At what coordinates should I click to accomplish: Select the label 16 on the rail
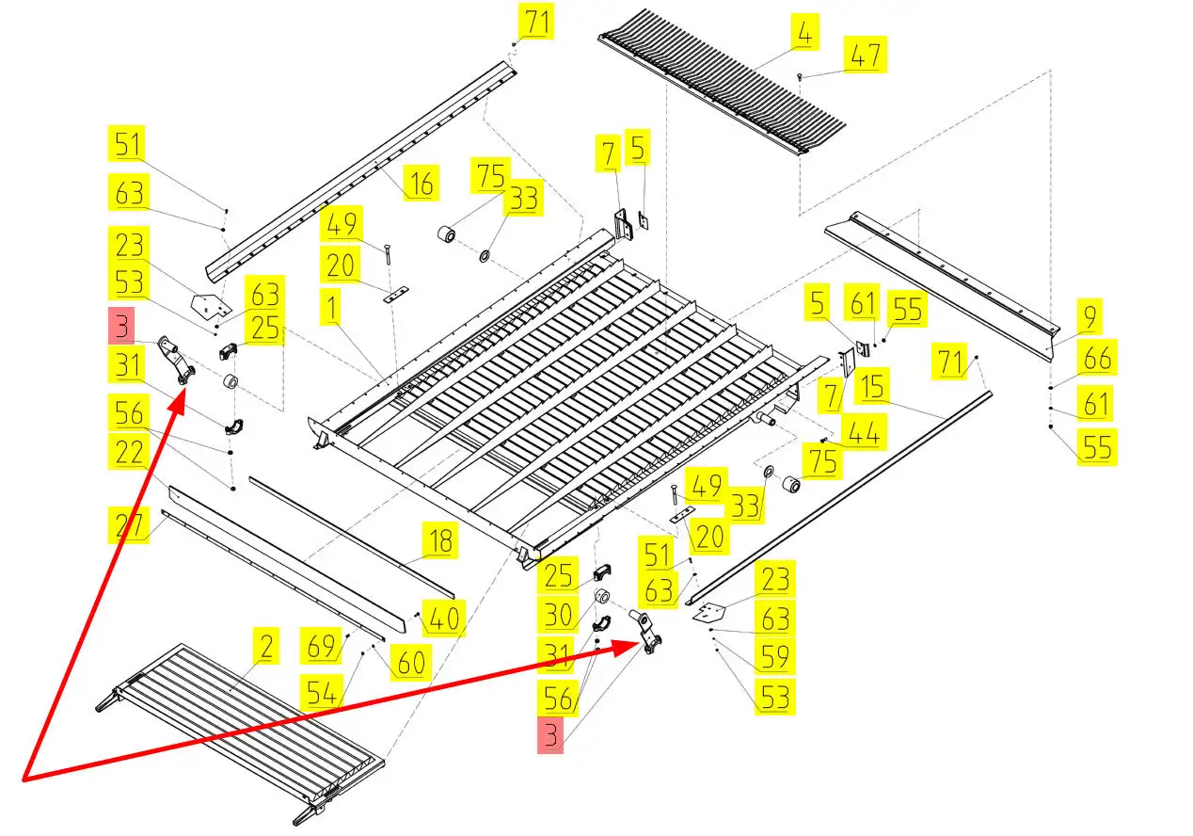point(421,183)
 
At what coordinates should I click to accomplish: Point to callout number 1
point(331,310)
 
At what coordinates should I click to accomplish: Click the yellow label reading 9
point(1089,317)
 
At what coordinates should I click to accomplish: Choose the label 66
point(1097,359)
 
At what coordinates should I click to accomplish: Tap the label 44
point(863,432)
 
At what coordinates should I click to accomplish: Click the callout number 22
point(129,453)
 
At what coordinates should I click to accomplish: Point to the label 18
point(440,541)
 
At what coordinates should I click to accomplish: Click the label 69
point(322,647)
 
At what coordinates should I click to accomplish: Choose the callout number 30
point(559,616)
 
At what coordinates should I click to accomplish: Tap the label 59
point(775,657)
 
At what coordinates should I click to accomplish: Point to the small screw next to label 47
point(799,74)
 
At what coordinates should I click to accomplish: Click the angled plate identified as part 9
point(941,273)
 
